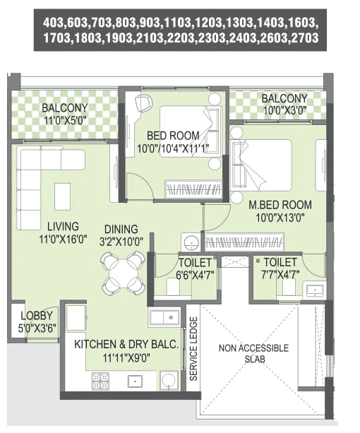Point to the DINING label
click(x=121, y=229)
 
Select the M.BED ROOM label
click(x=280, y=205)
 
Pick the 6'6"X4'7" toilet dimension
click(x=193, y=273)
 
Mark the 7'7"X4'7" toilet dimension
click(x=279, y=273)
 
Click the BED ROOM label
click(x=173, y=136)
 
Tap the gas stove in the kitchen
click(x=100, y=381)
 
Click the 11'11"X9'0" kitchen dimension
click(x=127, y=357)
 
